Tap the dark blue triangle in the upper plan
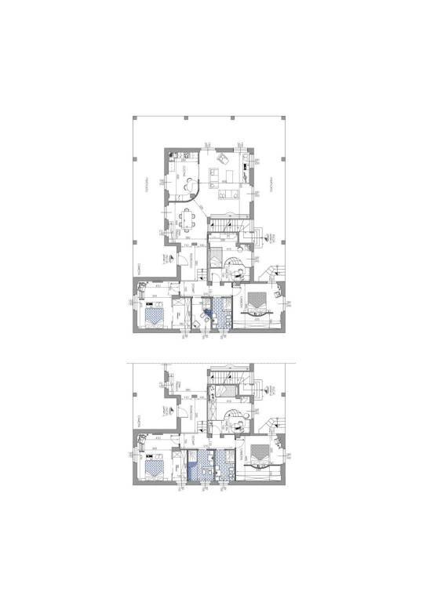tap(207, 315)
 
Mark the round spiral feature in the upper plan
tap(234, 269)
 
